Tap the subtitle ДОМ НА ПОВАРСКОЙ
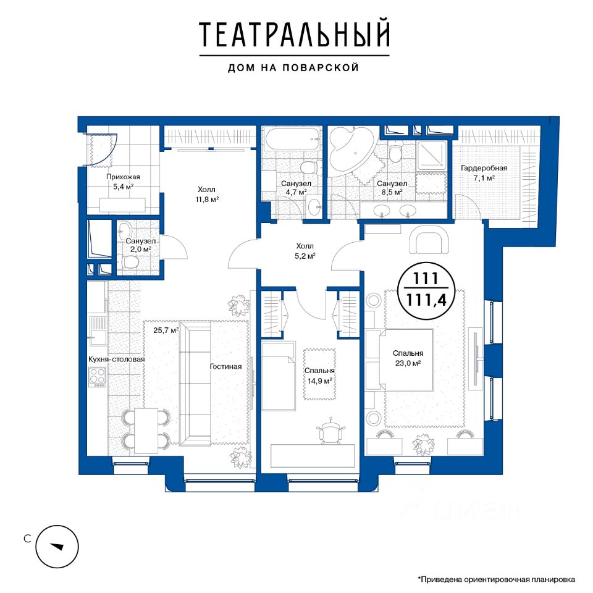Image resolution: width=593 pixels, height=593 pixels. (x=293, y=68)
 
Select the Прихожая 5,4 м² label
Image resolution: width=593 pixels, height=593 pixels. (x=123, y=182)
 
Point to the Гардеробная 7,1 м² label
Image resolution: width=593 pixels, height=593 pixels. (x=484, y=173)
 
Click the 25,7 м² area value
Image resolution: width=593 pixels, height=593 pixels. (x=166, y=330)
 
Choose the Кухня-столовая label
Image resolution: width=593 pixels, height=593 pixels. (x=117, y=359)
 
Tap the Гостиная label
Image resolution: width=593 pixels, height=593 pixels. (x=226, y=366)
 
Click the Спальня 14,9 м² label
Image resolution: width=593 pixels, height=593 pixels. (x=319, y=376)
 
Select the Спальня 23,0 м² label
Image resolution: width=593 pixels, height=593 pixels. (x=408, y=358)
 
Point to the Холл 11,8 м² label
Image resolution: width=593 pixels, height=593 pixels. (x=207, y=195)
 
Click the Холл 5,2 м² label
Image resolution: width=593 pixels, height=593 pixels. (x=305, y=251)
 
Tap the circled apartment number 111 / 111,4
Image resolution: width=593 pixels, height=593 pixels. (x=426, y=289)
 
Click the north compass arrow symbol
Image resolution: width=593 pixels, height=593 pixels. (x=57, y=547)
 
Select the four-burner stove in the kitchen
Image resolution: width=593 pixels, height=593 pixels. (x=97, y=377)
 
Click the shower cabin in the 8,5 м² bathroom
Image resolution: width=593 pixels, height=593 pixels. (x=432, y=156)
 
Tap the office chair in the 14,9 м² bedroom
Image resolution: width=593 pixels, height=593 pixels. (x=331, y=431)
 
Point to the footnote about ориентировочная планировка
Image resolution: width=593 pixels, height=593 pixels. (x=496, y=579)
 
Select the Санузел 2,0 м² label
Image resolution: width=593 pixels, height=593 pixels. (x=140, y=245)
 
